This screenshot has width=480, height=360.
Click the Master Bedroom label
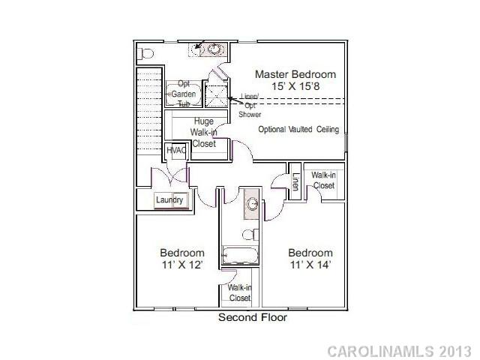coord(295,74)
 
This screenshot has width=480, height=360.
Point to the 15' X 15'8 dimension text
coord(295,87)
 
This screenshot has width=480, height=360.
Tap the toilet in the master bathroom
coord(146,54)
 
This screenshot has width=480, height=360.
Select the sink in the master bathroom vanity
coord(216,49)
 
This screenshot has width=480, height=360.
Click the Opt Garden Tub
coord(183,94)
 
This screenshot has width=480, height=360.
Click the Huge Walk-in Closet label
coord(204,132)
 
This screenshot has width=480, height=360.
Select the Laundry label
coord(169,200)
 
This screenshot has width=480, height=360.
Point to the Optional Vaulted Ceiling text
coord(298,130)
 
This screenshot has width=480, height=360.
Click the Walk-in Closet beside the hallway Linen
coord(323,180)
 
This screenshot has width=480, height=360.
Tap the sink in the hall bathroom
coord(253,203)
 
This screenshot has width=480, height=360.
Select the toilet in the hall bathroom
coord(253,233)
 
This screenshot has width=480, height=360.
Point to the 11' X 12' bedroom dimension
coord(181,265)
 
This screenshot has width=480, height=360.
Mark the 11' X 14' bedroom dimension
coord(310,265)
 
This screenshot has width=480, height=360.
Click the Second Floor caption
coord(253,317)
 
